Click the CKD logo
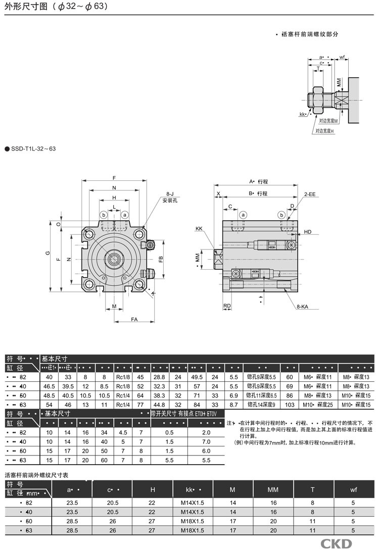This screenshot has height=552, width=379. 336,543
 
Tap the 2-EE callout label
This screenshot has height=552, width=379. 309,194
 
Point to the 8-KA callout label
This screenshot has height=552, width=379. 302,306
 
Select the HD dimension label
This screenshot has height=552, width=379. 308,232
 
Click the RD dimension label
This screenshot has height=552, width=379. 227,306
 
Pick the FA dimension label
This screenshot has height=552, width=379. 134,319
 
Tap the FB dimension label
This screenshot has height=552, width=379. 161,259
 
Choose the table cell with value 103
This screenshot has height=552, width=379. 290,405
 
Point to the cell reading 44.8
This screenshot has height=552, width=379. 160,405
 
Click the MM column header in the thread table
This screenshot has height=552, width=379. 273,489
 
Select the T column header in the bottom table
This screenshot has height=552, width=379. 313,489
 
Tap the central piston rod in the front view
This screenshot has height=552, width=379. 114,260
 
